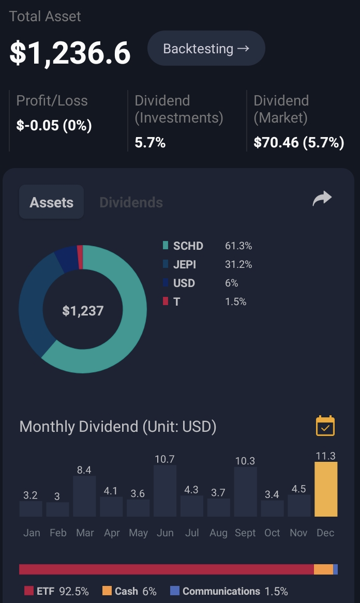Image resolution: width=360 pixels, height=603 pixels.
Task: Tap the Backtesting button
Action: click(x=206, y=49)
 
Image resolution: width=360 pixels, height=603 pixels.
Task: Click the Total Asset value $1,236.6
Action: click(x=70, y=53)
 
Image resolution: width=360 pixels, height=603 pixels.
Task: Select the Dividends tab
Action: click(x=131, y=202)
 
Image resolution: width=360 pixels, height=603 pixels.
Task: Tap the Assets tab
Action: click(x=52, y=202)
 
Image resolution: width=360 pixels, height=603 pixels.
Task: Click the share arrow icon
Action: click(x=322, y=199)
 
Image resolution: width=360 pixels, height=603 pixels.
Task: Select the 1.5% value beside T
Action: click(x=235, y=302)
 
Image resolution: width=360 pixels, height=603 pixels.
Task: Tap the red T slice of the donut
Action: click(x=80, y=257)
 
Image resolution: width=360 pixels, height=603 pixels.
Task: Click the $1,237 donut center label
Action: click(x=83, y=311)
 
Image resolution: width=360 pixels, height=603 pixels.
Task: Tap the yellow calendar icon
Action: click(x=325, y=426)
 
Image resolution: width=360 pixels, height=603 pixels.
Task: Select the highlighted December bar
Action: click(x=326, y=489)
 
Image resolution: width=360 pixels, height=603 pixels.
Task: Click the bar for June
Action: click(x=165, y=491)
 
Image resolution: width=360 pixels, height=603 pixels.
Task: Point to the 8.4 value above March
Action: click(x=84, y=470)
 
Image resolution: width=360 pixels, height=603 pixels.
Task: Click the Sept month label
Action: click(x=245, y=533)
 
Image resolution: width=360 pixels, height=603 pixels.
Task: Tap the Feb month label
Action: click(x=58, y=533)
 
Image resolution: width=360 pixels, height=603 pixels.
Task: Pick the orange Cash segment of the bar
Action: click(x=323, y=569)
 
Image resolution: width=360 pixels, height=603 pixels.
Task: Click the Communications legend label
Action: click(x=221, y=591)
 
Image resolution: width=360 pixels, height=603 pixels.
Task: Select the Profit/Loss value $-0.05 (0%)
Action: click(x=54, y=125)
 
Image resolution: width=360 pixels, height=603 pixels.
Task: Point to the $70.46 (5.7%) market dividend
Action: click(x=299, y=143)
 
